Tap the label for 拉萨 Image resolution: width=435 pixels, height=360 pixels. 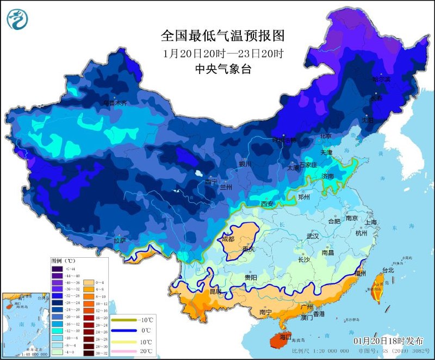[x=120, y=240]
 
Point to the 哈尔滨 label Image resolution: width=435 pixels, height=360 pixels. [x=381, y=79]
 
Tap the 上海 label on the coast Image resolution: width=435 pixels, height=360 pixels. [x=372, y=222]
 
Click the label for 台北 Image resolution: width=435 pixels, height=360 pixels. [x=388, y=270]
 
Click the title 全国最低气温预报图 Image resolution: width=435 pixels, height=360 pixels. [x=223, y=36]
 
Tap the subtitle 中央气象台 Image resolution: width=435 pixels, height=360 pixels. [x=223, y=69]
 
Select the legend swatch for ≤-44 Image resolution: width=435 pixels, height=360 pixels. [x=58, y=269]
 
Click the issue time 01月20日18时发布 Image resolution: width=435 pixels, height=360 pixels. [x=389, y=340]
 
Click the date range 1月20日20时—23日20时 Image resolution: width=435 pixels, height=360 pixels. [x=223, y=53]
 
